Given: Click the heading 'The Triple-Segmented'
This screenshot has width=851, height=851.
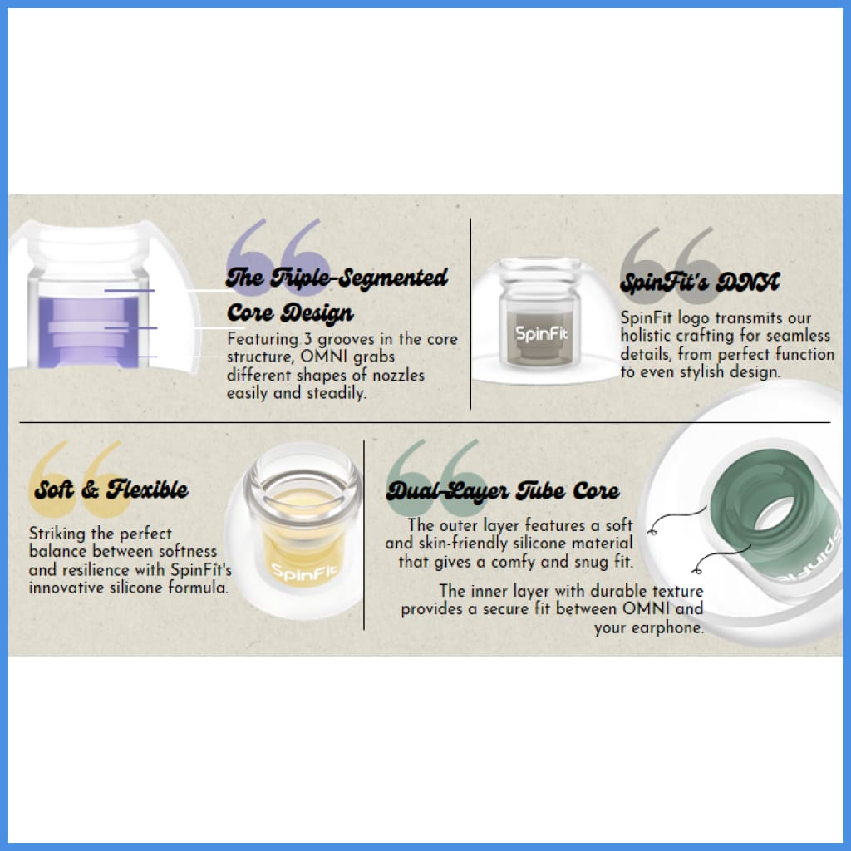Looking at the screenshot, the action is click(337, 278).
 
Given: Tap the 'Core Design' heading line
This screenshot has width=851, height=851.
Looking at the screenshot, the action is click(290, 313).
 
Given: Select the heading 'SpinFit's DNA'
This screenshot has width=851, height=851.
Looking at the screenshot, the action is click(700, 283).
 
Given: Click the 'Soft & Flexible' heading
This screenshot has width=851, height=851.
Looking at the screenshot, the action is click(111, 489).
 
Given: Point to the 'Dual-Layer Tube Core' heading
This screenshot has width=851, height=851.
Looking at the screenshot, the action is click(503, 491).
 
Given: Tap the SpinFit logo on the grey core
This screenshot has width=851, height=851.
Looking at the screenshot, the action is click(541, 333).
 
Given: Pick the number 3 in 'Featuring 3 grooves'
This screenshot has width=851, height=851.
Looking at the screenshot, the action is click(307, 339).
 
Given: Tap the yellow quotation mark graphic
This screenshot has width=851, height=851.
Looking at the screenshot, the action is click(81, 479).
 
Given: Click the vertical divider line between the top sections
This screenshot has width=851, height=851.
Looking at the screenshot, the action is click(470, 313).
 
